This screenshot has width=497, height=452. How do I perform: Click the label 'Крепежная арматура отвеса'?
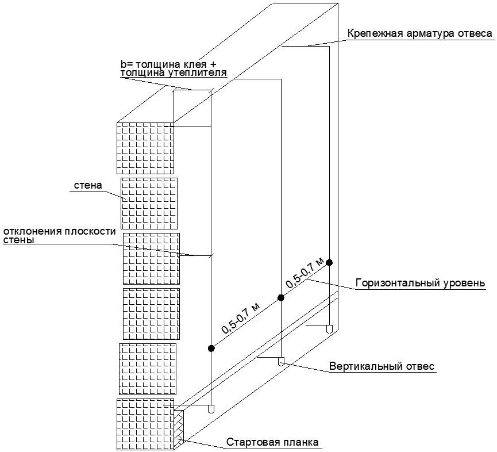[x=419, y=33]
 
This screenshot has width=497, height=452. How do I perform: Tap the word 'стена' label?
[x=88, y=186]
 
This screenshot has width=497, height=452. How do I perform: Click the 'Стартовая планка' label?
[x=272, y=442]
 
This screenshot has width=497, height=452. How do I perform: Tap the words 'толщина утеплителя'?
[x=173, y=74]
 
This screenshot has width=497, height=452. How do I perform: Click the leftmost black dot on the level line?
[x=211, y=348]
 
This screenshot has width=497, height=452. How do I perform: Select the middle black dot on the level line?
[x=281, y=297]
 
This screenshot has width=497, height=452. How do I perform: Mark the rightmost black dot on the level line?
[x=329, y=263]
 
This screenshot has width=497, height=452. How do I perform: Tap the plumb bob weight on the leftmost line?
[x=211, y=409]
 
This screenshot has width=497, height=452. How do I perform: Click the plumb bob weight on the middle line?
[x=281, y=362]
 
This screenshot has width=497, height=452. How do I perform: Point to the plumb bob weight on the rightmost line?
[x=329, y=330]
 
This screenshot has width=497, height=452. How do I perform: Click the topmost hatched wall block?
[x=145, y=148]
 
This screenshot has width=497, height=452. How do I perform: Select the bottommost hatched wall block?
[x=145, y=424]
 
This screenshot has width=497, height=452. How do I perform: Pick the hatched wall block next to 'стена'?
[x=149, y=203]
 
